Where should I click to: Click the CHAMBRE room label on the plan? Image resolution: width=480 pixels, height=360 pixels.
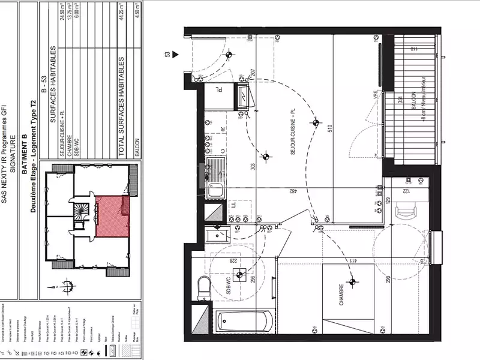point(341,295)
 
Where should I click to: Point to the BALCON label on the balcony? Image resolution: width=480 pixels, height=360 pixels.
point(415,109)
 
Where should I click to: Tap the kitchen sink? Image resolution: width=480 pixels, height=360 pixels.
point(215,191)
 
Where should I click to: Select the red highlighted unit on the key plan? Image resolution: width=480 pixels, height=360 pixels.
point(112,215)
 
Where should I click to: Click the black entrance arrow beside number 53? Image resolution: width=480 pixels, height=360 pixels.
point(176,55)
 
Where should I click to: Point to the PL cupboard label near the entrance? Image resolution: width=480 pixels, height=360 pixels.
point(220,91)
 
